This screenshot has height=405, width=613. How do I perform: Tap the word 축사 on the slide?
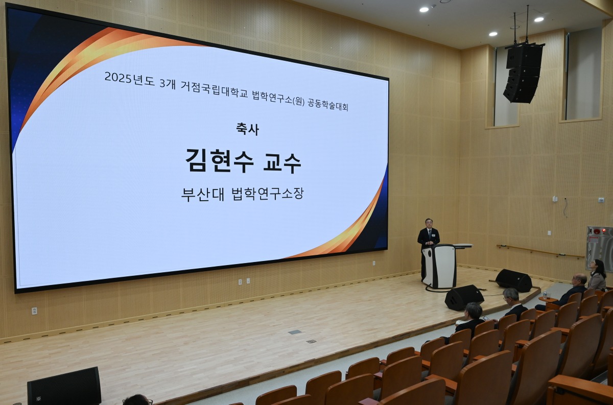click(x=247, y=129)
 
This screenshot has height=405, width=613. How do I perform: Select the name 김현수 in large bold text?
click(x=220, y=161)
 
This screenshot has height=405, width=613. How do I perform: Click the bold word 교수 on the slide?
click(x=282, y=163)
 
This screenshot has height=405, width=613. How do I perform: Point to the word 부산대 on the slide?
click(x=202, y=194)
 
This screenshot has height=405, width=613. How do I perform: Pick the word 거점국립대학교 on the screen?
click(x=214, y=89)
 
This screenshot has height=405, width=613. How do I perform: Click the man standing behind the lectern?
click(x=428, y=244)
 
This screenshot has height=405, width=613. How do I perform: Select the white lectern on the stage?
click(x=439, y=266)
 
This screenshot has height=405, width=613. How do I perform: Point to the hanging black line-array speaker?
click(x=523, y=73)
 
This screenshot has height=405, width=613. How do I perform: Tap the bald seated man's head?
click(x=579, y=280)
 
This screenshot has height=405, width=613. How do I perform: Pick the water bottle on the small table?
click(x=545, y=295)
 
